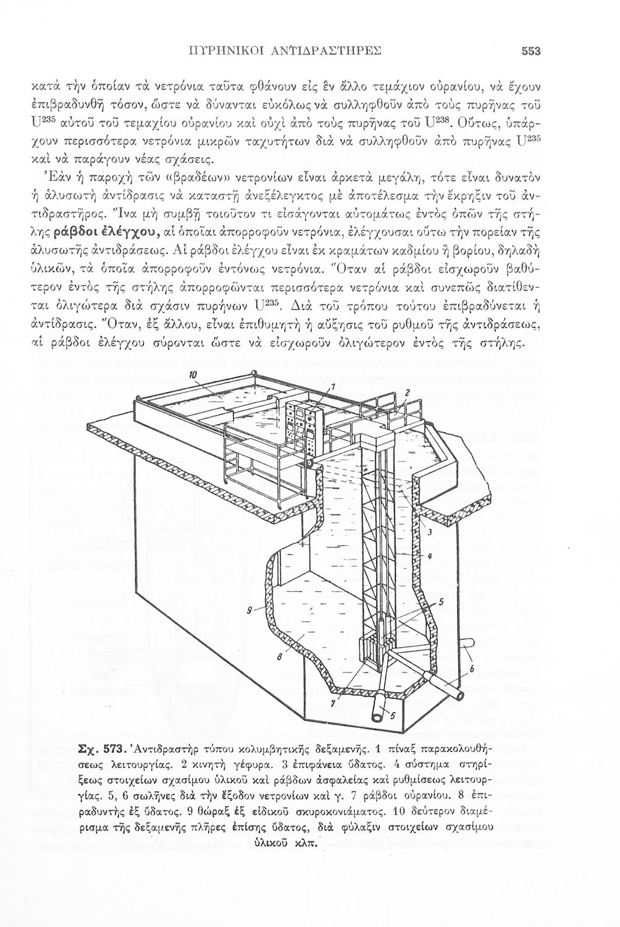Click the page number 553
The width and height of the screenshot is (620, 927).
(x=530, y=52)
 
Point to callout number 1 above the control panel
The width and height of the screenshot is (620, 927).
(x=332, y=386)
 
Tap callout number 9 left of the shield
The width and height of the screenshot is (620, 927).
(x=250, y=610)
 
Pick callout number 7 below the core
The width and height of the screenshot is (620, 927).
(x=333, y=703)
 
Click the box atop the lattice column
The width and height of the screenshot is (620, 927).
(x=376, y=438)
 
